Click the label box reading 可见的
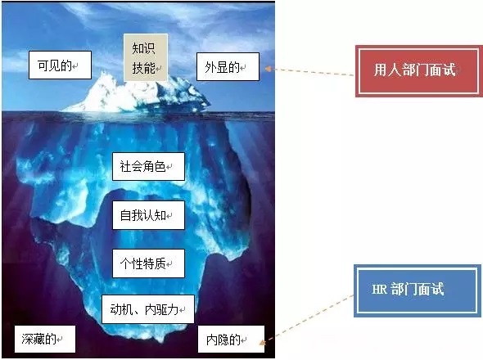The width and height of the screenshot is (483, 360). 60,65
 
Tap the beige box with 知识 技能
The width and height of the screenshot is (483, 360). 146,57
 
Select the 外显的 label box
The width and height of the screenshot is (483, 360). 228,66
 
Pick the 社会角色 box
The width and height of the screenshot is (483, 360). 148,166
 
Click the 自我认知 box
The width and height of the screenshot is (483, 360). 148,215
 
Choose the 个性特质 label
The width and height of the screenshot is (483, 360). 148,263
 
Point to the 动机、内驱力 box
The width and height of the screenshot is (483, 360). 148,309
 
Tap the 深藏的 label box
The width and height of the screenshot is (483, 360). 45,339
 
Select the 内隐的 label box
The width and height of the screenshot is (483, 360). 231,339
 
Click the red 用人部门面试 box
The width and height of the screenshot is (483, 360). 419,71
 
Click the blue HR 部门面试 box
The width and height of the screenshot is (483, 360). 418,290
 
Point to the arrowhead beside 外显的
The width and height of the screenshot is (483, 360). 268,69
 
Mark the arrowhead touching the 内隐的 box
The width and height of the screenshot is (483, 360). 262,343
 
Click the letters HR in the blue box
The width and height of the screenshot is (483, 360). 379,290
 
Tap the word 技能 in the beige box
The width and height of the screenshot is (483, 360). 143,68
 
